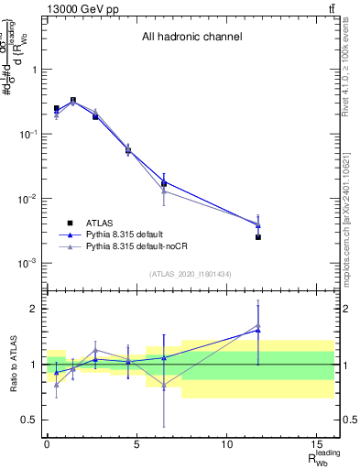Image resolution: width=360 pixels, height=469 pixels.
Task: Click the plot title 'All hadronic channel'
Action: [x=191, y=38]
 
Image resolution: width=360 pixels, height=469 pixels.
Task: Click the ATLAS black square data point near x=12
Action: [x=258, y=237]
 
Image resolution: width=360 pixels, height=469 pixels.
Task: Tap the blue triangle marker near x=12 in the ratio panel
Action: [x=258, y=330]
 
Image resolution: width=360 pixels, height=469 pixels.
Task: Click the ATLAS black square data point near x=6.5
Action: [x=164, y=183]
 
